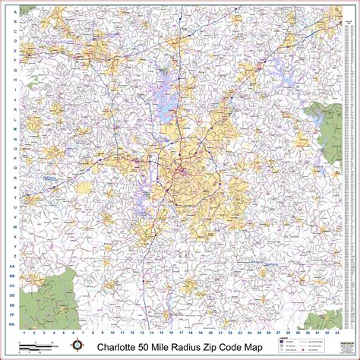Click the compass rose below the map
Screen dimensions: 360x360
tap(77, 346)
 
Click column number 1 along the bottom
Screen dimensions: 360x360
tap(25, 332)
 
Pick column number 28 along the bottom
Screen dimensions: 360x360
tap(287, 332)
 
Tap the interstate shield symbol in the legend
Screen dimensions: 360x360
tap(283, 343)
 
